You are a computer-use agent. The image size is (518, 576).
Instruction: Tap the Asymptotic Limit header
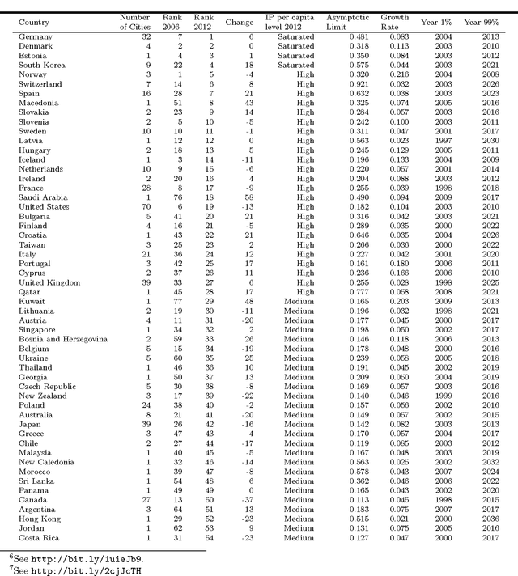tap(347, 19)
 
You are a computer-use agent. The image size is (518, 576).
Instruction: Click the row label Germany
tap(35, 37)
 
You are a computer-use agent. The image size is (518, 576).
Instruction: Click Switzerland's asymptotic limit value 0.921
tap(360, 83)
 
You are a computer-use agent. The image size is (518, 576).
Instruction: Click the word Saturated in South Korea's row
tap(295, 65)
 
